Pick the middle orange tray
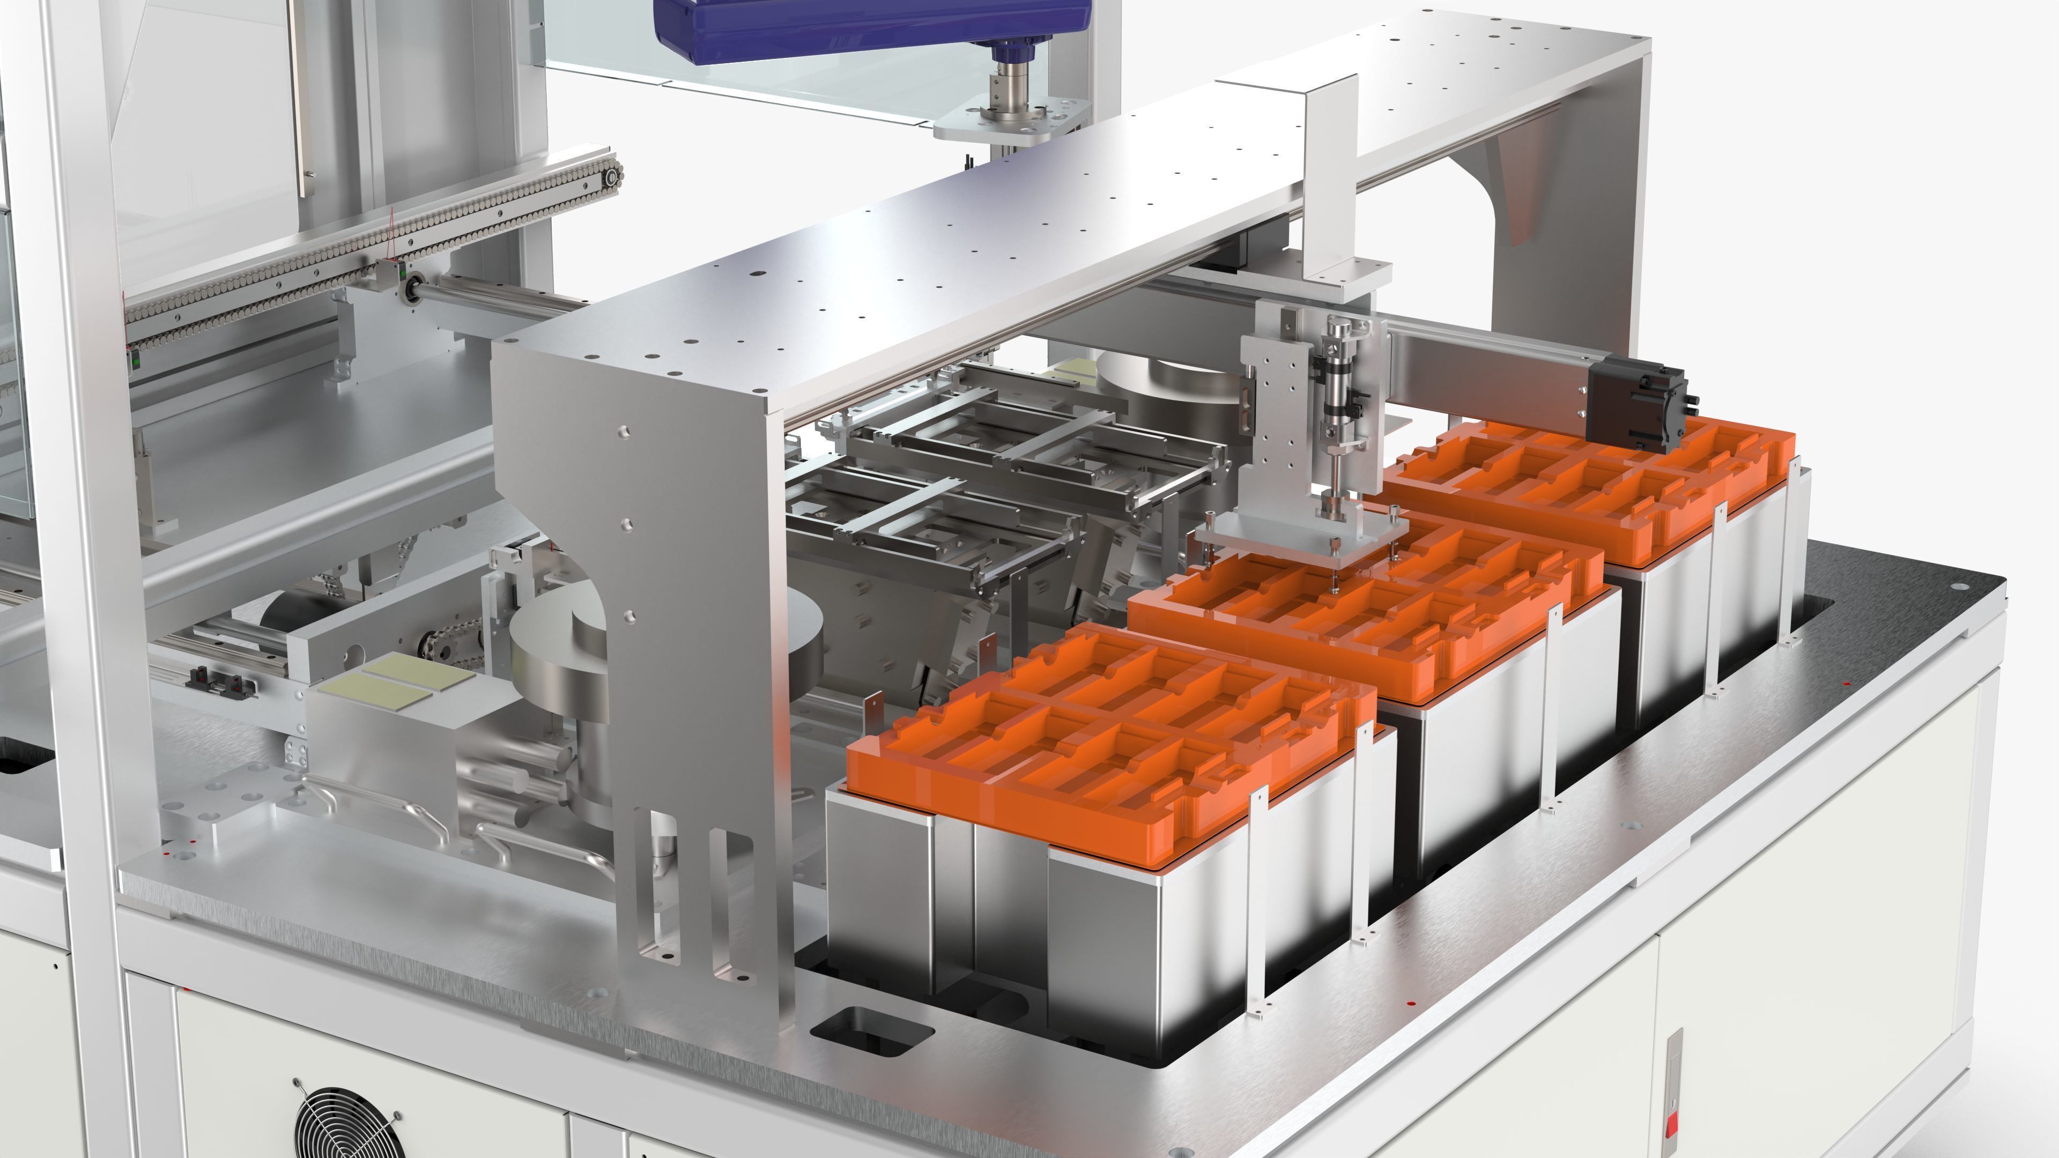click(1359, 607)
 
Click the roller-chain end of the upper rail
click(611, 175)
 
